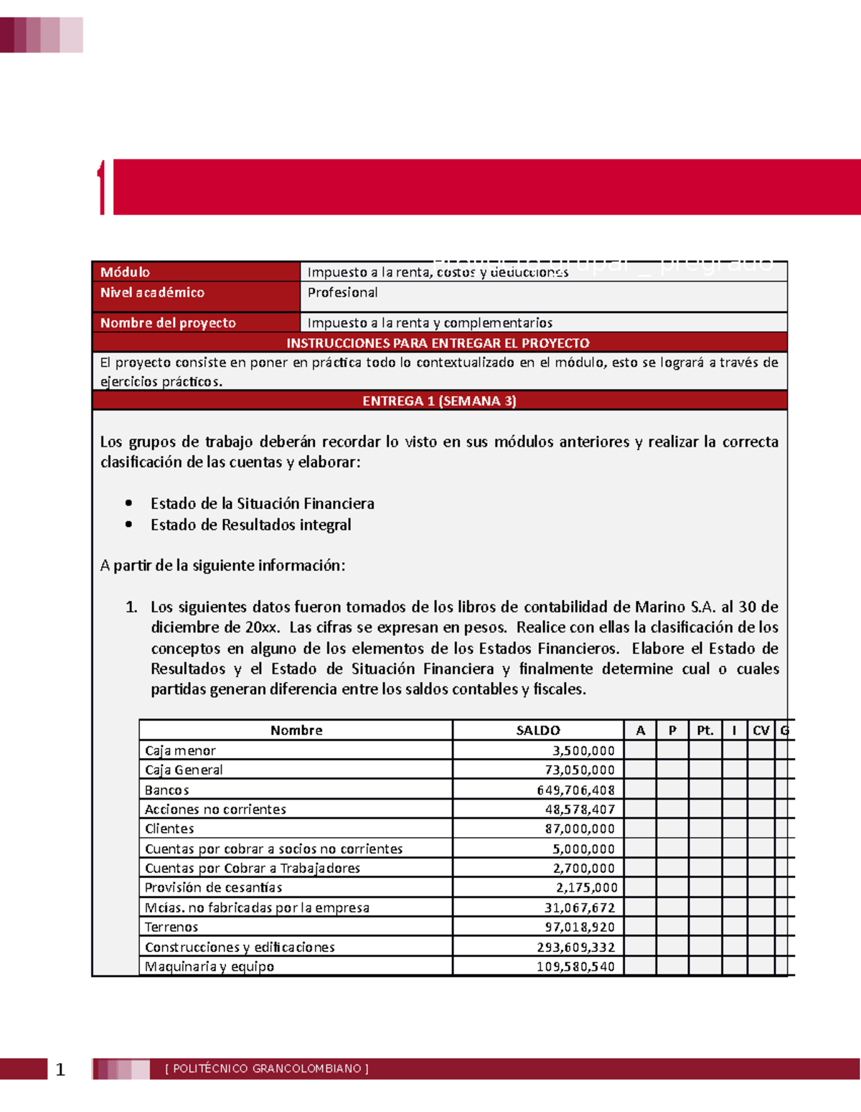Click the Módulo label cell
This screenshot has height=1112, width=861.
pyautogui.click(x=125, y=272)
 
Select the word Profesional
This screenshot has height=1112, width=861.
pyautogui.click(x=342, y=292)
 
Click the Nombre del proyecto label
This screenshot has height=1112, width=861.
pyautogui.click(x=168, y=323)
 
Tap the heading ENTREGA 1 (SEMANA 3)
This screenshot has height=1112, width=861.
pyautogui.click(x=439, y=401)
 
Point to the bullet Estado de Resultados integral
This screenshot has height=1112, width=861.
pyautogui.click(x=250, y=525)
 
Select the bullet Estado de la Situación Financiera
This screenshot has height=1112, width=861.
pyautogui.click(x=262, y=504)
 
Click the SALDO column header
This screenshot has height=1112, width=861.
pyautogui.click(x=537, y=730)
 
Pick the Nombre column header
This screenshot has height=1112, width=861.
pyautogui.click(x=296, y=730)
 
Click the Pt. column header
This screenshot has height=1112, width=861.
pyautogui.click(x=705, y=730)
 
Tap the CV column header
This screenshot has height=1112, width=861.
pyautogui.click(x=761, y=730)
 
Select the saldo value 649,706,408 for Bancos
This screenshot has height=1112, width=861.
pyautogui.click(x=575, y=790)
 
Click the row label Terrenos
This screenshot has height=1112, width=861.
pyautogui.click(x=171, y=927)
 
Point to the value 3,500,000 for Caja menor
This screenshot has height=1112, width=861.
pyautogui.click(x=583, y=751)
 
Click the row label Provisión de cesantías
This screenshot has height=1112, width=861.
pyautogui.click(x=213, y=887)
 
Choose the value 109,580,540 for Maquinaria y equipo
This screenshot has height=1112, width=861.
pyautogui.click(x=575, y=966)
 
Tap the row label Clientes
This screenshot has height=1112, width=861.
pyautogui.click(x=169, y=828)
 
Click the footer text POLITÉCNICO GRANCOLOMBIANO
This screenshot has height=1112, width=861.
pyautogui.click(x=266, y=1068)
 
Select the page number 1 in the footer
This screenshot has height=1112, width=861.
pyautogui.click(x=60, y=1070)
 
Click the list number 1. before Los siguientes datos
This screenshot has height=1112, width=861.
pyautogui.click(x=131, y=607)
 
